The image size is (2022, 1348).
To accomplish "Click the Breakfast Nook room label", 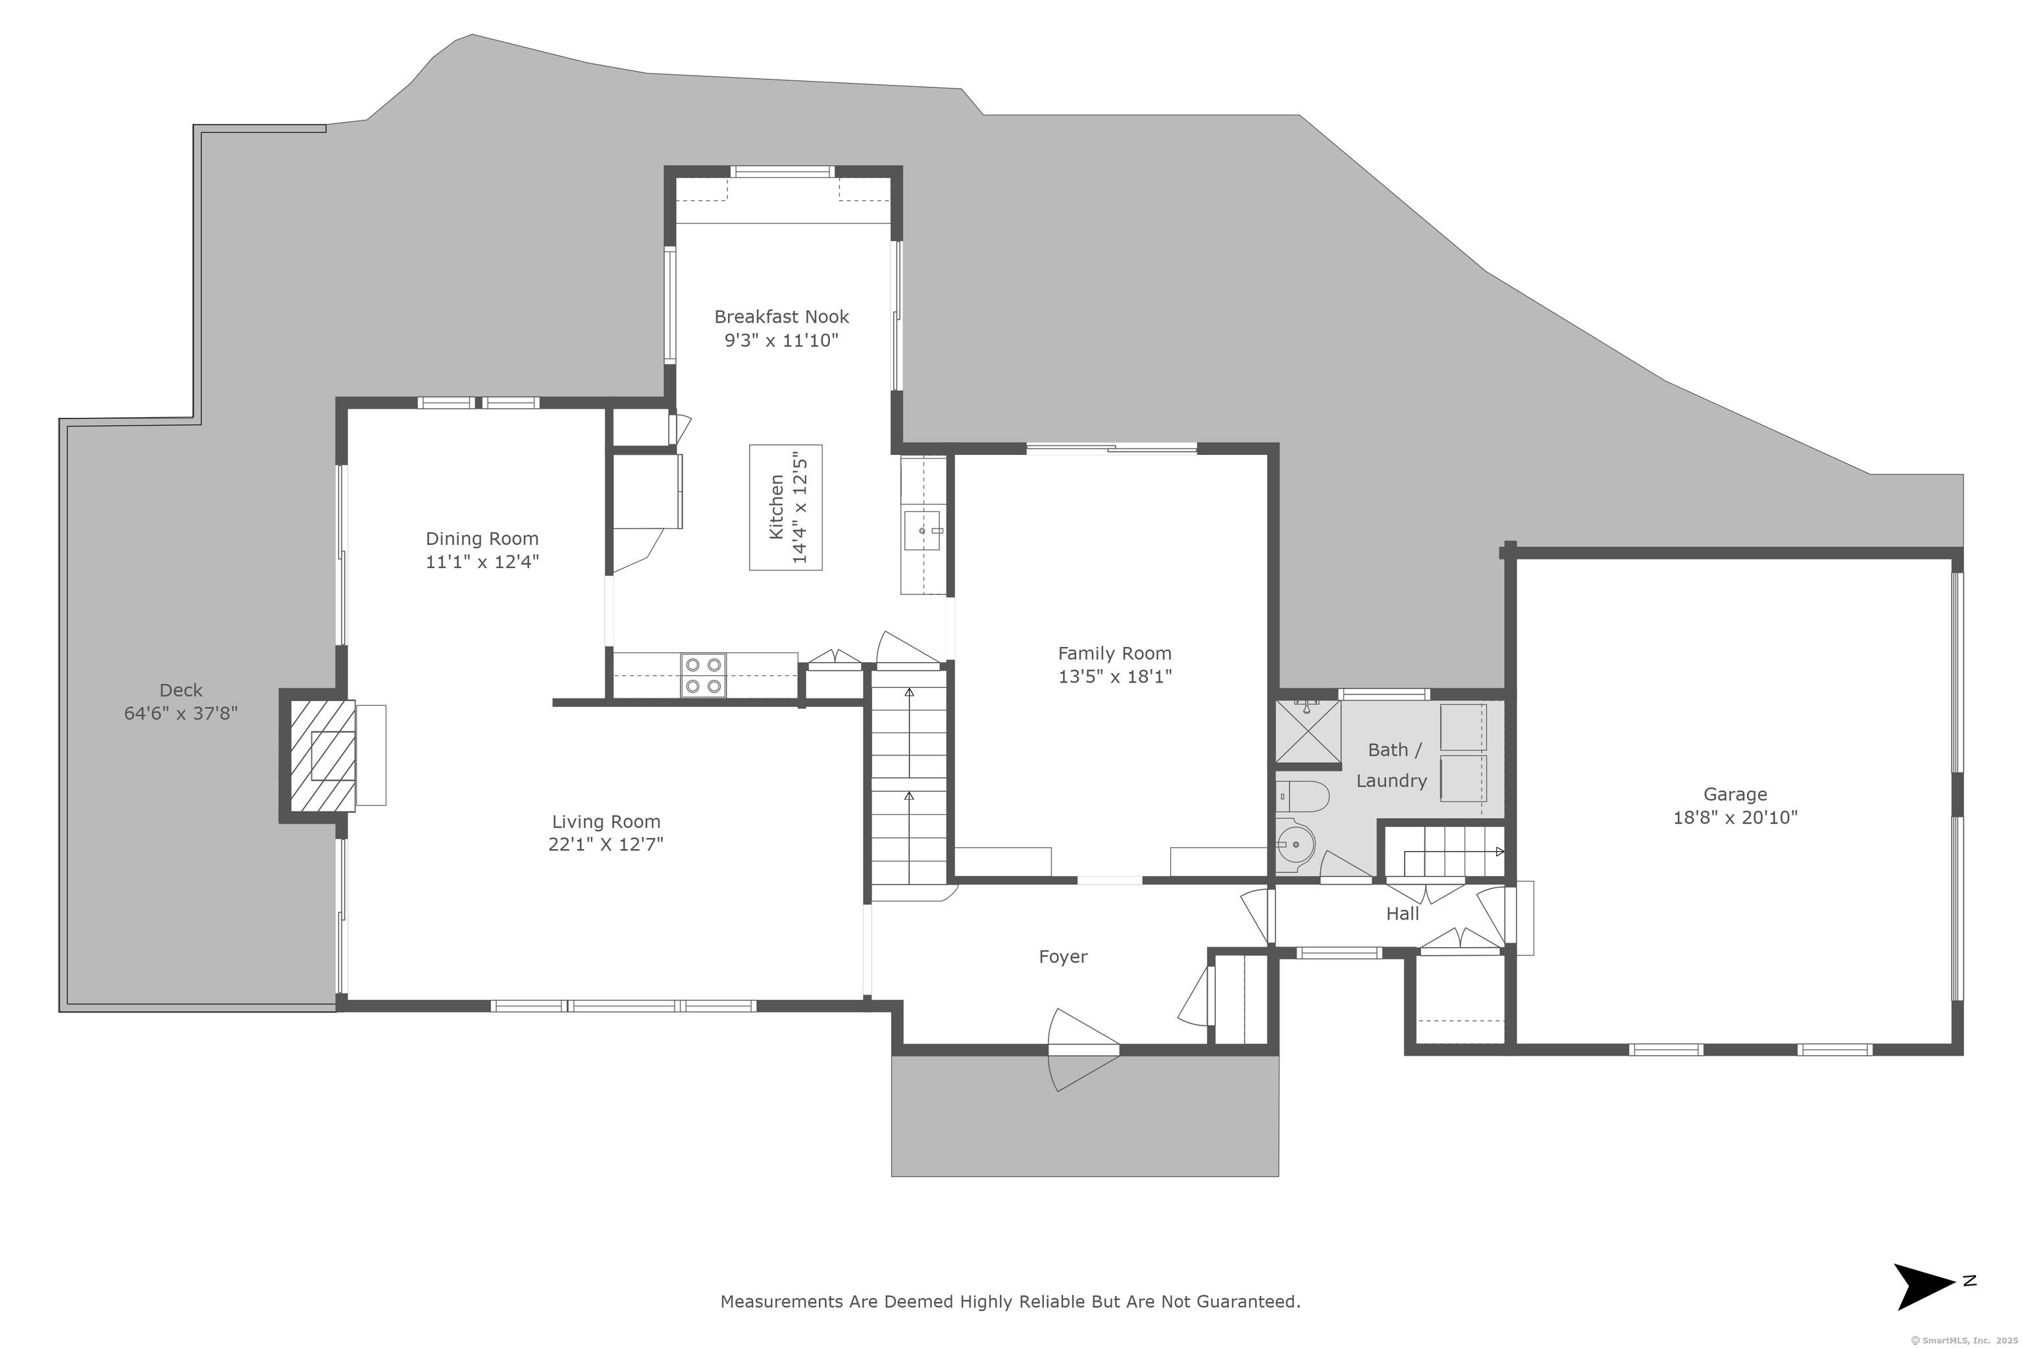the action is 781,317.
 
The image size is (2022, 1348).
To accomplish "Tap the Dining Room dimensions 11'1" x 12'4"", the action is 482,562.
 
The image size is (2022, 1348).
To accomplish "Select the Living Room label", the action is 606,822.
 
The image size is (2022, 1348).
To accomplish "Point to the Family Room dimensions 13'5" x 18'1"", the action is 1115,677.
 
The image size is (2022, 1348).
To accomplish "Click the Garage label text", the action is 1736,795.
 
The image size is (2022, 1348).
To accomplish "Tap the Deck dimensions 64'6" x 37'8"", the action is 180,713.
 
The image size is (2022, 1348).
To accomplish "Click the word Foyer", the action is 1064,957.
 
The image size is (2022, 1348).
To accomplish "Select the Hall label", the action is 1402,914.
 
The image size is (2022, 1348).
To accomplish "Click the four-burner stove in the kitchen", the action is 703,676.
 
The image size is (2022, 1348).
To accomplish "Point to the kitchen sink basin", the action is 922,531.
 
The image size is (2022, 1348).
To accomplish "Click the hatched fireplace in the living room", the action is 323,756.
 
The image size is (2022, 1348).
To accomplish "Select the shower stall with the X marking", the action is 1308,732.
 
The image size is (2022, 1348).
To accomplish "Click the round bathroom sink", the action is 1295,845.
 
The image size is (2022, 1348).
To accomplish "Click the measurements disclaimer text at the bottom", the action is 1010,1301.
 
